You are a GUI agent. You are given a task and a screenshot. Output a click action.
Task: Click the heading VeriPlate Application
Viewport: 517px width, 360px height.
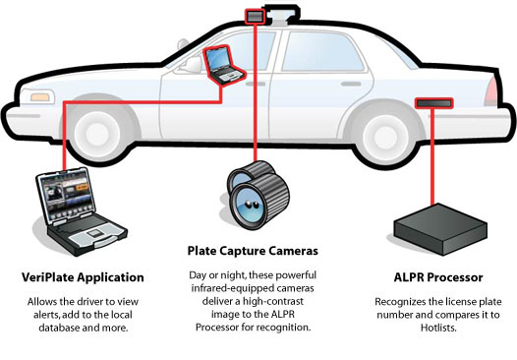click(x=83, y=277)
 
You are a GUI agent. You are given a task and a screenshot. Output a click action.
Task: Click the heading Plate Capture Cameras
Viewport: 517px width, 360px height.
click(x=253, y=251)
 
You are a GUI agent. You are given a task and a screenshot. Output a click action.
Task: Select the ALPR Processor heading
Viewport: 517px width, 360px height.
click(x=438, y=277)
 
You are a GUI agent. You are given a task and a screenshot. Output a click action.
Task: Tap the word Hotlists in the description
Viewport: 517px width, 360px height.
click(x=437, y=328)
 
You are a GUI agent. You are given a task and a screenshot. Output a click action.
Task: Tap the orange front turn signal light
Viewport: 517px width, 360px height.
click(x=40, y=97)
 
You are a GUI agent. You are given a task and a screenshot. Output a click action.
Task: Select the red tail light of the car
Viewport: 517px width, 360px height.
click(x=491, y=91)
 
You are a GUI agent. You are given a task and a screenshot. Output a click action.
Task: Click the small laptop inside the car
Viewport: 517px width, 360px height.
click(x=223, y=65)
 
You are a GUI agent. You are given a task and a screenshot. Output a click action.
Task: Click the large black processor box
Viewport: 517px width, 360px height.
click(x=440, y=229)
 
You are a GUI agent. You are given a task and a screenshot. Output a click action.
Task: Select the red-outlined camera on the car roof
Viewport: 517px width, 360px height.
click(x=255, y=16)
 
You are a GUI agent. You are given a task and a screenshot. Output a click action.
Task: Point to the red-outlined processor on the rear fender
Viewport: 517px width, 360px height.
click(x=433, y=103)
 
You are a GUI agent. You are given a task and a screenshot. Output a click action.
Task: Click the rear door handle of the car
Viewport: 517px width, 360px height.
click(x=351, y=85)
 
